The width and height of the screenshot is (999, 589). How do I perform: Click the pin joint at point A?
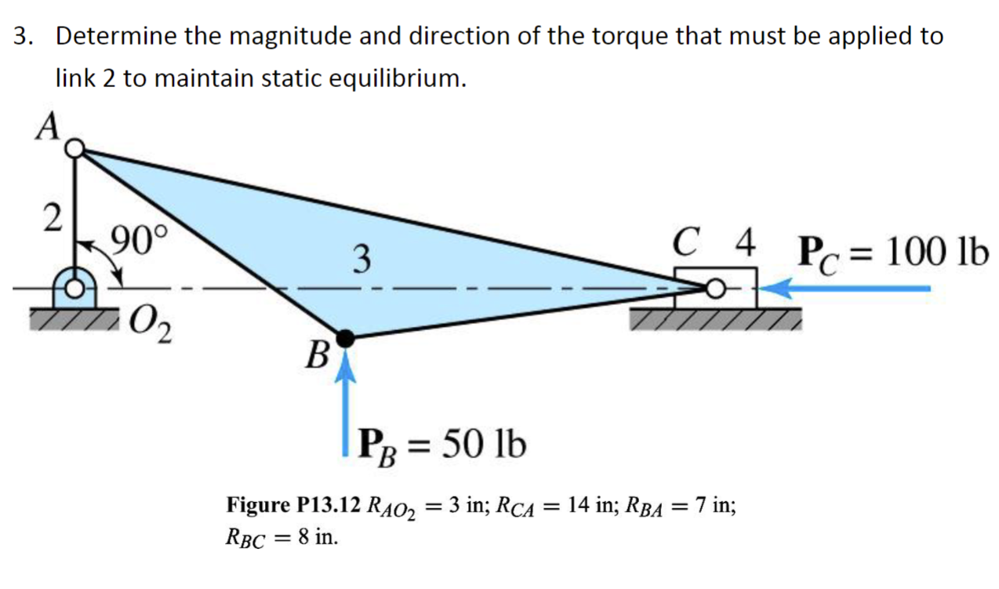[75, 148]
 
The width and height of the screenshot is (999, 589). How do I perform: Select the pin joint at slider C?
[714, 289]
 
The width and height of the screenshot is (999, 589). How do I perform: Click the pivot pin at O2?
[75, 289]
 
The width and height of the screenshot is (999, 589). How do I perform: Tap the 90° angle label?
[140, 236]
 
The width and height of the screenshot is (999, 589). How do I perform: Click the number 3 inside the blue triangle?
[360, 259]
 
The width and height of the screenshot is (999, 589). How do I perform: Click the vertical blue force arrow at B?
[343, 404]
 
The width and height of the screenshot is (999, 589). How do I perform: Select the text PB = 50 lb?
[441, 446]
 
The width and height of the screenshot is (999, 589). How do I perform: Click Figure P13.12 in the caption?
[293, 504]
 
